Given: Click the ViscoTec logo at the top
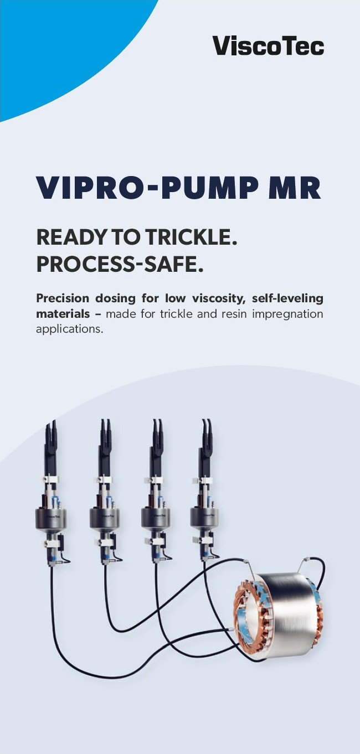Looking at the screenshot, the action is (x=268, y=46).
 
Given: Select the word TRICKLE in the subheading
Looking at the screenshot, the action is (x=192, y=237).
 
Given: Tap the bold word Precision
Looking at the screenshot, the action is (x=63, y=298).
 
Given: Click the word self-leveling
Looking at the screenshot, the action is (x=287, y=298).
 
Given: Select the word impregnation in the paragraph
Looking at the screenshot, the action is (x=287, y=314).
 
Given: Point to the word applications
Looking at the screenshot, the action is (x=69, y=329).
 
